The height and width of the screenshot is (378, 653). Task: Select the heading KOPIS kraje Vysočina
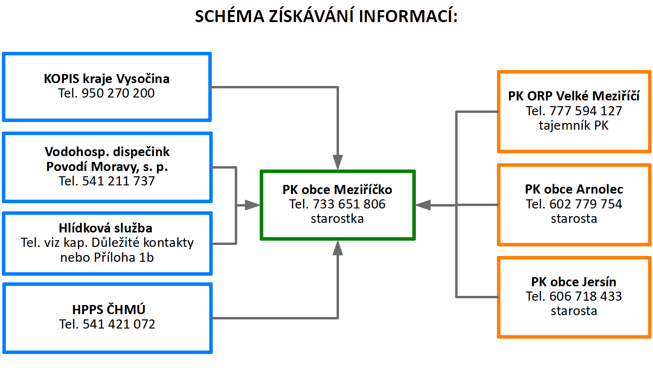tap(107, 78)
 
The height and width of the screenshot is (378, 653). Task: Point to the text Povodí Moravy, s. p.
tap(107, 167)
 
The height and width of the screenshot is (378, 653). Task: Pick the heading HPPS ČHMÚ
tap(107, 309)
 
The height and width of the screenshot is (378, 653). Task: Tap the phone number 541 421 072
tap(119, 324)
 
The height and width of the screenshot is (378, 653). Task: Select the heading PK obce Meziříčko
tap(337, 190)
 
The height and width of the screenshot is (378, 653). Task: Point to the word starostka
tap(337, 219)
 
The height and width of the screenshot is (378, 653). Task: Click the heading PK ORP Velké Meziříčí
tap(574, 96)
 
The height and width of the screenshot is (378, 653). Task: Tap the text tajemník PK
tap(574, 125)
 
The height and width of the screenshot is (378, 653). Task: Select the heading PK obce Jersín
tap(574, 281)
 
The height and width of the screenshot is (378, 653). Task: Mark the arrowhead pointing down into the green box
tap(338, 163)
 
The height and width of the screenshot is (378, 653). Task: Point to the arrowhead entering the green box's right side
tap(423, 205)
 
